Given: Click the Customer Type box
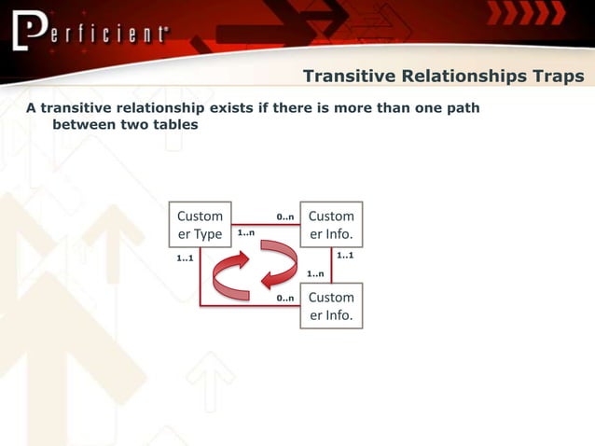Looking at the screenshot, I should click(x=200, y=225).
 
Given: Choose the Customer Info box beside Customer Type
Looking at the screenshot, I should click(x=331, y=225).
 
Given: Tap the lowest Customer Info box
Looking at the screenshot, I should click(x=331, y=306).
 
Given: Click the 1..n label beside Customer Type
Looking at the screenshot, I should click(x=246, y=233).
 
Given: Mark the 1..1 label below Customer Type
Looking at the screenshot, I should click(x=185, y=258).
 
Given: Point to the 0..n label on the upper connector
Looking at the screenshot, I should click(x=285, y=217).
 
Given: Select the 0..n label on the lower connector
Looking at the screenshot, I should click(x=285, y=299).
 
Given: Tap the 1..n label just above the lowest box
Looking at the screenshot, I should click(x=316, y=274).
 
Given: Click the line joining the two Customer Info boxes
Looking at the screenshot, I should click(x=331, y=265).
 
